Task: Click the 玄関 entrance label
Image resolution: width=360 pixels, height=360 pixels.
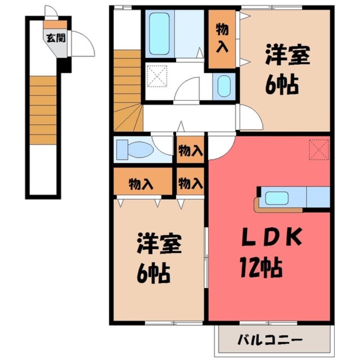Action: [x=55, y=37]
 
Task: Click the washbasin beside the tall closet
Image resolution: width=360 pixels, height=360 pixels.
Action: [x=223, y=85]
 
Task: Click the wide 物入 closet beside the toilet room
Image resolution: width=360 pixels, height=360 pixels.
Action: [x=142, y=183]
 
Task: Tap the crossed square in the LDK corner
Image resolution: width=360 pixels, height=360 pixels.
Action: [x=319, y=150]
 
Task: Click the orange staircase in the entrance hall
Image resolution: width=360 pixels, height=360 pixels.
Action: [x=43, y=110]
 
